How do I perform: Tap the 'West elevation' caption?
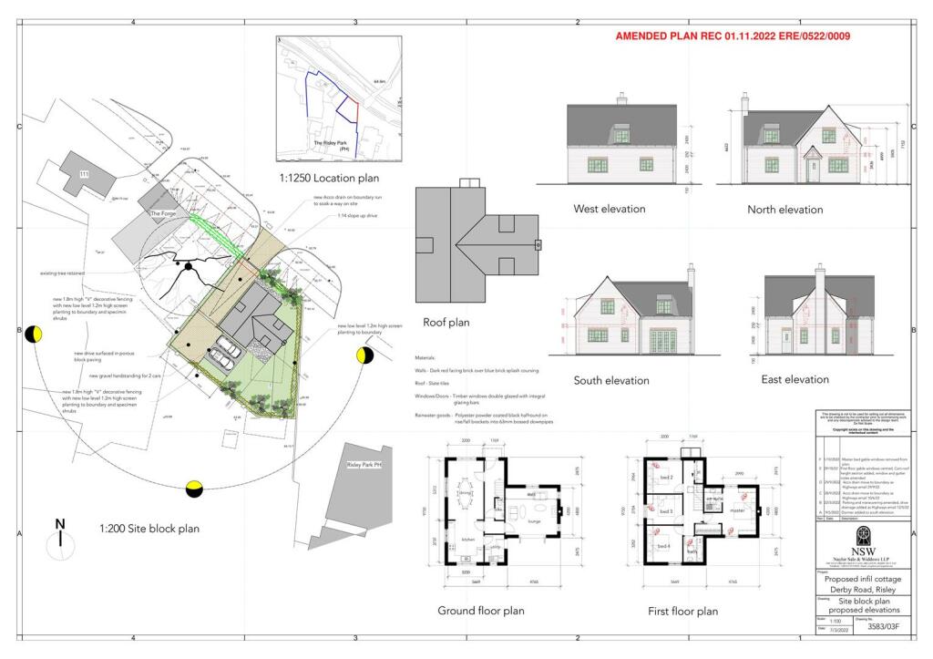pos(609,209)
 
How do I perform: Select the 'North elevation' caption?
pos(784,210)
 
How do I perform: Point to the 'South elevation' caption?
pos(611,380)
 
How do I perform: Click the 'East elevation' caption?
pos(795,379)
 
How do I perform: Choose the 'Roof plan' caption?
pos(446,322)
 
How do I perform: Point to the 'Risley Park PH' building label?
pos(364,465)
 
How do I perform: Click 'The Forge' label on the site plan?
pos(162,213)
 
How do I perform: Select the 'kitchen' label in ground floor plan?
pos(470,540)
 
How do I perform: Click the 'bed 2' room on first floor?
pos(665,478)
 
